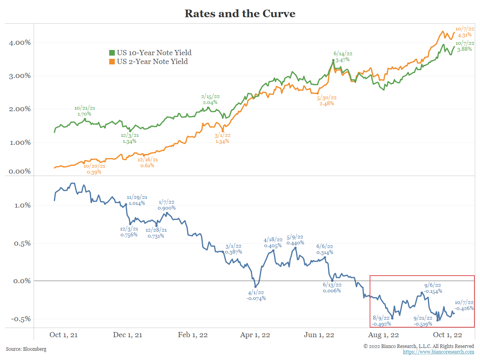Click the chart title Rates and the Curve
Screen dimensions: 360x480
click(240, 14)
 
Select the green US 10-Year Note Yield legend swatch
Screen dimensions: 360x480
click(112, 53)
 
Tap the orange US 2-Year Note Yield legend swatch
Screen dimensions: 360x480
click(112, 62)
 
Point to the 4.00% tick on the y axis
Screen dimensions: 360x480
click(17, 42)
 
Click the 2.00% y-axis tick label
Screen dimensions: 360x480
click(17, 109)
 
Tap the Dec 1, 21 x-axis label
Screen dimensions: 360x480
click(128, 335)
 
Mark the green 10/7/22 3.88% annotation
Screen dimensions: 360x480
click(465, 46)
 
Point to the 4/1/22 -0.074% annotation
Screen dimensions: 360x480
click(256, 295)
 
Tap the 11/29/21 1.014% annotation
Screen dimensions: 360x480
click(137, 200)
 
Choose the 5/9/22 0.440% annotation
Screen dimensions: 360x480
click(295, 240)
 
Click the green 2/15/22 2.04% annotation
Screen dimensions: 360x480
click(210, 99)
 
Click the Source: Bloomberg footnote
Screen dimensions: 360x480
click(26, 349)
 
